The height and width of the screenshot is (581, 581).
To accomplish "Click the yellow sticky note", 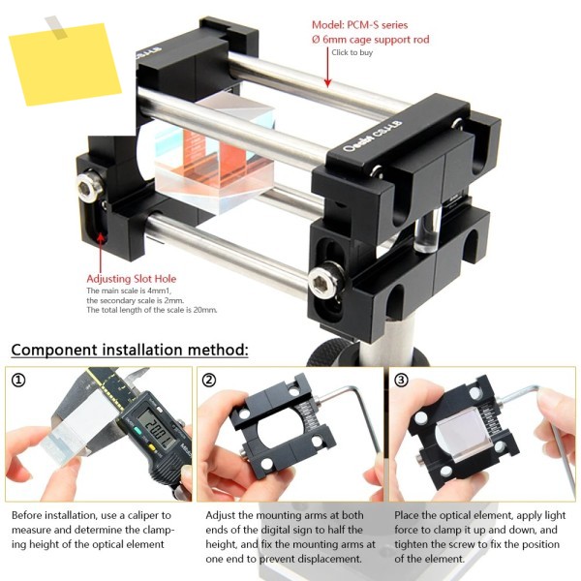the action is pyautogui.click(x=65, y=65).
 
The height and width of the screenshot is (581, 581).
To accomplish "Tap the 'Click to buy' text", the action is pyautogui.click(x=352, y=52).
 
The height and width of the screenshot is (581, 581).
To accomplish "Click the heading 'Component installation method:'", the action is pyautogui.click(x=130, y=350).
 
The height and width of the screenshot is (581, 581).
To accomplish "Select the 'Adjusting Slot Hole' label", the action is pyautogui.click(x=131, y=279).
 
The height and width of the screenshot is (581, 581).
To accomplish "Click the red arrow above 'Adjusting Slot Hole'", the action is pyautogui.click(x=101, y=252).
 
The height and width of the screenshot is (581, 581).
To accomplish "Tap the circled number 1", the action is pyautogui.click(x=18, y=380).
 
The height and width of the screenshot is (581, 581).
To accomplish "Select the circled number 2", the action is pyautogui.click(x=209, y=380).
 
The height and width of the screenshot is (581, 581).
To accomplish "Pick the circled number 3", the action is pyautogui.click(x=401, y=380).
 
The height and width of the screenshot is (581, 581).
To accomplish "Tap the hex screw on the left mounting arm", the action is pyautogui.click(x=90, y=185).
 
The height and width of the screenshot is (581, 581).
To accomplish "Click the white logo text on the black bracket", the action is pyautogui.click(x=373, y=137).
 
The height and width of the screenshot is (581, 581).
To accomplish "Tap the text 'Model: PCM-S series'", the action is pyautogui.click(x=359, y=25).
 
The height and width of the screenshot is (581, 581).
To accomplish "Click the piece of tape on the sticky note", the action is pyautogui.click(x=56, y=27).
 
